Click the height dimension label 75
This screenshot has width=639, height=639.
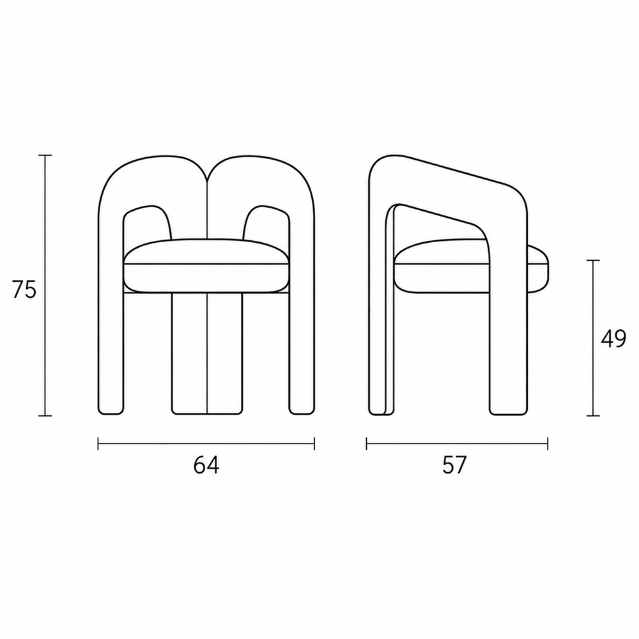click(x=24, y=289)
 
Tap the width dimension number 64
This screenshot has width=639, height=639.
click(x=206, y=465)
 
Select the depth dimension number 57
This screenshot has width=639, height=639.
click(x=454, y=465)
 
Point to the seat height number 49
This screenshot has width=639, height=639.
click(x=613, y=339)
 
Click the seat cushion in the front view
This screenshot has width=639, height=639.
click(x=206, y=265)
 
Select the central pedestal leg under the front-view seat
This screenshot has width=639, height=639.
click(x=207, y=353)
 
